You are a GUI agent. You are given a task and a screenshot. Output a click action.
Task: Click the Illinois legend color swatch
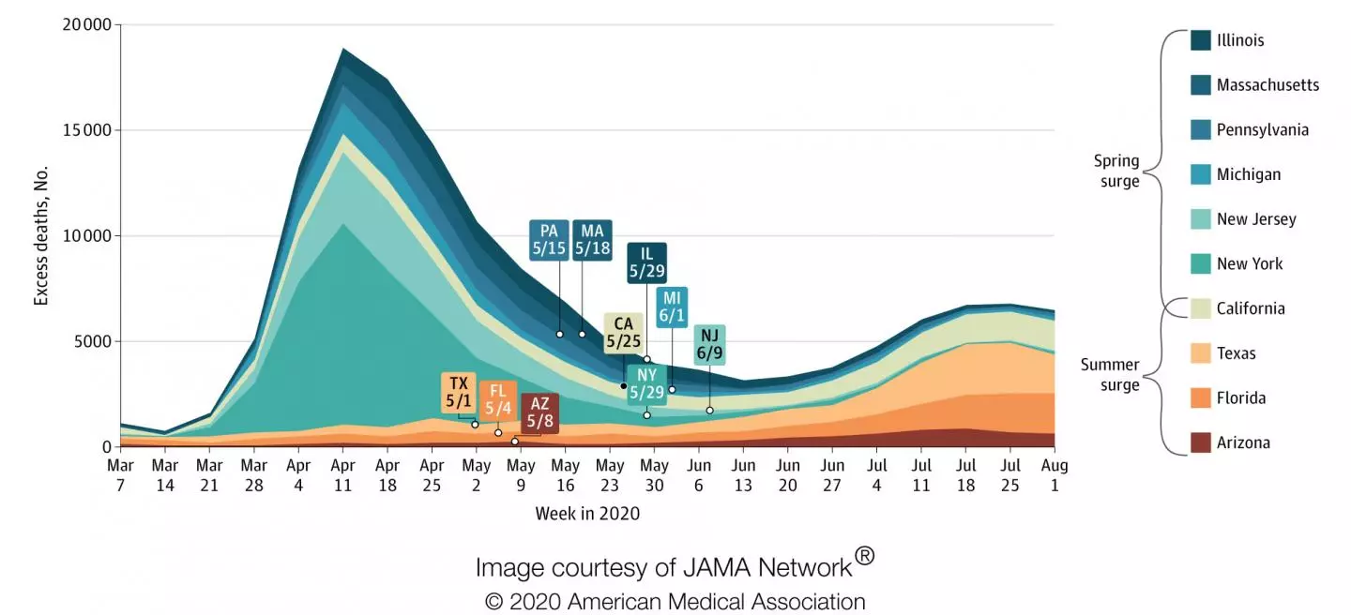point(1200,40)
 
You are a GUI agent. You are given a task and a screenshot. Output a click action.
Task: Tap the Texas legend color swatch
point(1200,353)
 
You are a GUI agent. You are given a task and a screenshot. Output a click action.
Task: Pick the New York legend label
point(1250,263)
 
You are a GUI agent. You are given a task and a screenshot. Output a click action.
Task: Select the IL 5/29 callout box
point(646,263)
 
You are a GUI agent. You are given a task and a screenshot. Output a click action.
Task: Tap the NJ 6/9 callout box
point(709,346)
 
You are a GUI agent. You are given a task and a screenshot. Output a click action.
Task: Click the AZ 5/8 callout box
point(539,413)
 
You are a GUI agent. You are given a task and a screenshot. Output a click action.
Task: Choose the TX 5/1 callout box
point(458,392)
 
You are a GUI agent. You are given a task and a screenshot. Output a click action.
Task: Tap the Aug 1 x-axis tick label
point(1055,473)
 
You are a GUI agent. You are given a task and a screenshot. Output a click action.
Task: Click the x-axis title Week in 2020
point(587,513)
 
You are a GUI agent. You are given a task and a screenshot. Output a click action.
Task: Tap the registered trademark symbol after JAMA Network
point(865,556)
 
